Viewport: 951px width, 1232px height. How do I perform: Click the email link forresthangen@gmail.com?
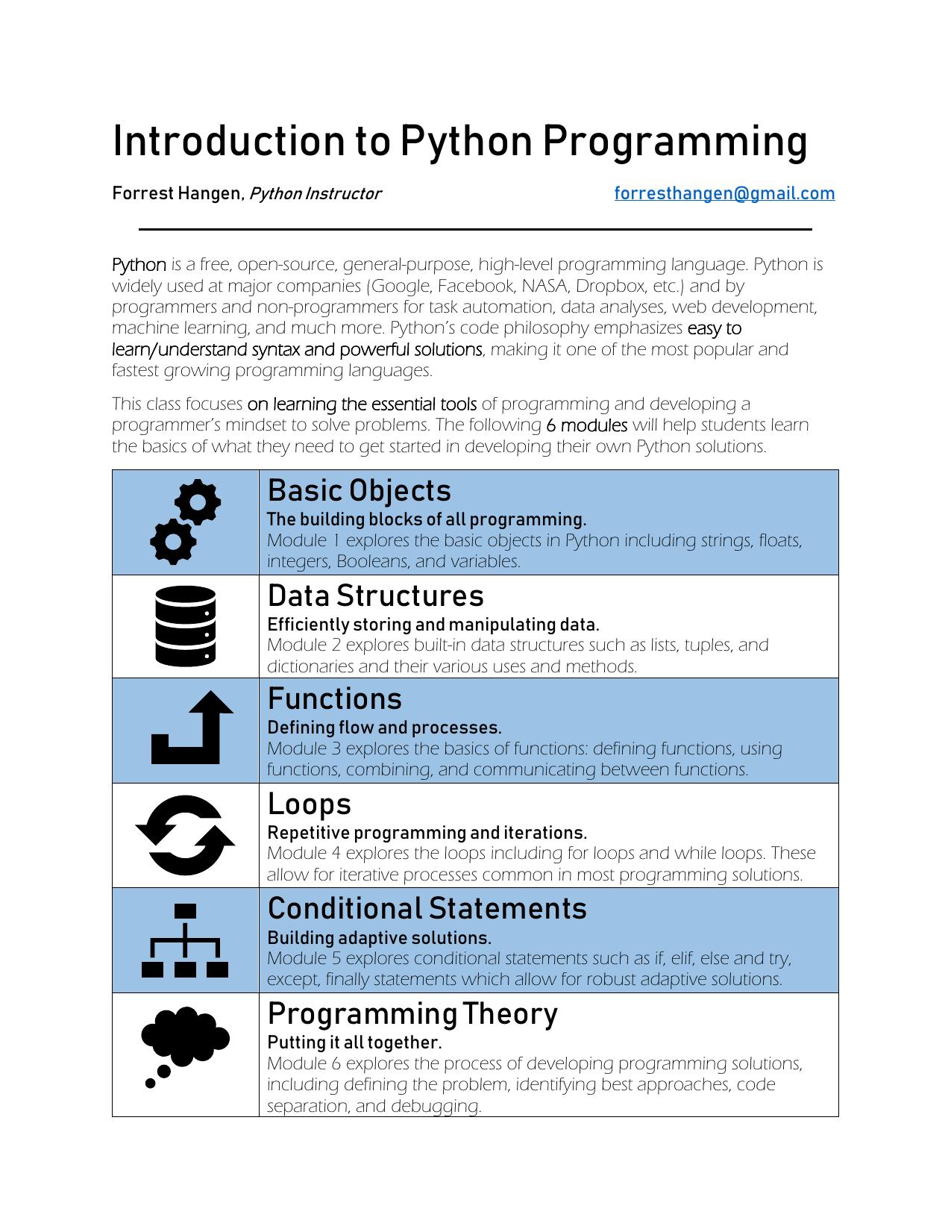point(724,194)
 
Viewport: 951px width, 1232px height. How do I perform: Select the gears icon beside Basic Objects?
point(186,522)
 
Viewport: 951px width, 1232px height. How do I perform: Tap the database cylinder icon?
point(186,626)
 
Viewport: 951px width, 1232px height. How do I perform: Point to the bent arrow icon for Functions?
point(192,728)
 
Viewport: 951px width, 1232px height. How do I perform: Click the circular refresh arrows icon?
point(186,835)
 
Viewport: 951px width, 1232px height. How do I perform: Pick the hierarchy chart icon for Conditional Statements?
point(185,940)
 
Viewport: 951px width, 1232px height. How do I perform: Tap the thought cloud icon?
point(184,1043)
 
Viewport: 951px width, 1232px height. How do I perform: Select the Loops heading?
point(309,804)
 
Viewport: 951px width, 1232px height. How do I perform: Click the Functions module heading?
point(334,699)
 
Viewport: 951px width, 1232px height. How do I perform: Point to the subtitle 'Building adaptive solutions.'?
point(379,938)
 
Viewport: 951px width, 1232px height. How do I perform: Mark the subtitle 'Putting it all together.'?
point(354,1042)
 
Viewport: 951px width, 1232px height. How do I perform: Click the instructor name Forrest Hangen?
point(177,194)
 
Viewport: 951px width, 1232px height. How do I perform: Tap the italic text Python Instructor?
point(314,194)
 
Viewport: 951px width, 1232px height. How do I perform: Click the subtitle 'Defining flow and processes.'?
point(384,728)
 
